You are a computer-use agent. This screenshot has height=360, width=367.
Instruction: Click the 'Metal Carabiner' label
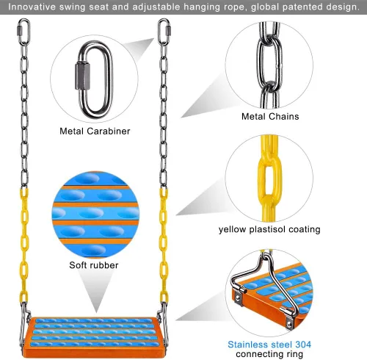tap(95, 132)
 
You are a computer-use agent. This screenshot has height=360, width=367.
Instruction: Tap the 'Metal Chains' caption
tap(270, 117)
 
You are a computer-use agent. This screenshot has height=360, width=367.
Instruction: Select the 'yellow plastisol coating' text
tap(269, 229)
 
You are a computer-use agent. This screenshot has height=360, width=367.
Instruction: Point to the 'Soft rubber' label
tap(94, 265)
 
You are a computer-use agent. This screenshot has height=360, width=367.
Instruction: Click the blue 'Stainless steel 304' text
tap(269, 345)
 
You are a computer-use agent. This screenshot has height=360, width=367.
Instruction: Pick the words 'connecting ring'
tap(269, 354)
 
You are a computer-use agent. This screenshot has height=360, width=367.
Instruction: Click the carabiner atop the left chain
tap(23, 32)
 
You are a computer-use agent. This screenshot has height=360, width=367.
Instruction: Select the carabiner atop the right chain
tap(164, 32)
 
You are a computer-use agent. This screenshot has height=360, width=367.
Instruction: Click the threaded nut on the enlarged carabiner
tap(82, 76)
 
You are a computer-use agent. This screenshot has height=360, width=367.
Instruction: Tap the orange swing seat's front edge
tap(94, 353)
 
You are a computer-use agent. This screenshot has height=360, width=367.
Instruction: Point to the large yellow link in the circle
tap(269, 177)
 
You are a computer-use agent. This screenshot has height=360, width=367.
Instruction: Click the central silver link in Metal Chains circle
tap(269, 62)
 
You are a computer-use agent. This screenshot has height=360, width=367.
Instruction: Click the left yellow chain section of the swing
tap(24, 246)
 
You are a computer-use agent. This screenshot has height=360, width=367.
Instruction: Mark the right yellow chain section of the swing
tap(164, 246)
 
